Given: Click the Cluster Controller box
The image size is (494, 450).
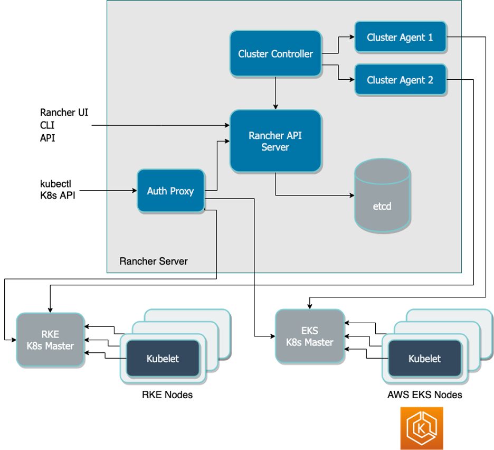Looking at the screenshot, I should click(x=275, y=53).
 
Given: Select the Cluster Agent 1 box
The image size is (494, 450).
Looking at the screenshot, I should click(x=400, y=37).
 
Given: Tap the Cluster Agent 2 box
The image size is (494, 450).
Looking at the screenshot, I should click(x=400, y=80).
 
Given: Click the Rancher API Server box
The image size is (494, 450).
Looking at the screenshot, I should click(x=275, y=141).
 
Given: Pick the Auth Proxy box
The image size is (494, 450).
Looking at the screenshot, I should click(x=170, y=191).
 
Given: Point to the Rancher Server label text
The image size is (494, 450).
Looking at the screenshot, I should click(x=154, y=261).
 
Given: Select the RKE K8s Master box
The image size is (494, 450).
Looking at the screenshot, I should click(x=50, y=340).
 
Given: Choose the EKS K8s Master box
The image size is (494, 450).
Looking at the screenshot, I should click(x=310, y=336).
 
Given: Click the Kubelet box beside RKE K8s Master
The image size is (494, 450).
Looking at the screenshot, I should click(x=163, y=359).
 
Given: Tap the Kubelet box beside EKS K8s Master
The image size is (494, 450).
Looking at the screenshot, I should click(x=424, y=359).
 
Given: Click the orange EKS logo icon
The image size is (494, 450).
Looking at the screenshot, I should click(x=422, y=428).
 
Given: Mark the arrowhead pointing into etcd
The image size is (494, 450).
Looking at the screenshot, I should click(x=352, y=195).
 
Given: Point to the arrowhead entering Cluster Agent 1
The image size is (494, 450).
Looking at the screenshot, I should click(x=352, y=37).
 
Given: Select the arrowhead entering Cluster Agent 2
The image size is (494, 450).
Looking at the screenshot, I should click(x=352, y=80).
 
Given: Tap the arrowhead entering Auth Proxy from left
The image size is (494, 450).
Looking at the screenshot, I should click(x=134, y=190).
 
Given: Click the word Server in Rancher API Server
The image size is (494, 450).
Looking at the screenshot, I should click(x=275, y=147).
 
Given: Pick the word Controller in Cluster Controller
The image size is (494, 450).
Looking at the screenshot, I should click(x=292, y=54).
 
